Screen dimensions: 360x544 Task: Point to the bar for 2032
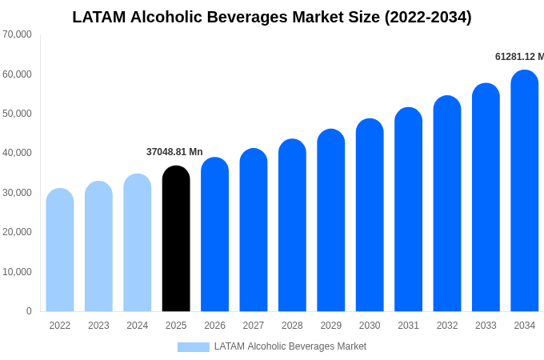[x=447, y=203]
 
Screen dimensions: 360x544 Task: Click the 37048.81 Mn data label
[x=174, y=152]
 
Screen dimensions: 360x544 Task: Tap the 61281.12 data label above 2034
[x=518, y=57]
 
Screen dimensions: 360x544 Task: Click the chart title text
[x=272, y=17]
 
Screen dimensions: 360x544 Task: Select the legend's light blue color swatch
[x=193, y=347]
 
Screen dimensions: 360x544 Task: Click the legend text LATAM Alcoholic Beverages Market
[x=290, y=346]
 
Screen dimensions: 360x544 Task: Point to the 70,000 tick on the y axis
[x=17, y=34]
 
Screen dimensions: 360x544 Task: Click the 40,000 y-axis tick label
[x=17, y=153]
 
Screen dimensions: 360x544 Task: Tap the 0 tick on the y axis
[x=29, y=311]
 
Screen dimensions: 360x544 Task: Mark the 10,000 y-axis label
[x=17, y=272]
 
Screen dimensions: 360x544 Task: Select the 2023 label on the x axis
[x=98, y=326]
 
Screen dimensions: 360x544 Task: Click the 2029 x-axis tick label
[x=331, y=326]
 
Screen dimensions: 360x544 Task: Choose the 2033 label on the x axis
[x=486, y=326]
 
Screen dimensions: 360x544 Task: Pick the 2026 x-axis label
[x=214, y=326]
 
